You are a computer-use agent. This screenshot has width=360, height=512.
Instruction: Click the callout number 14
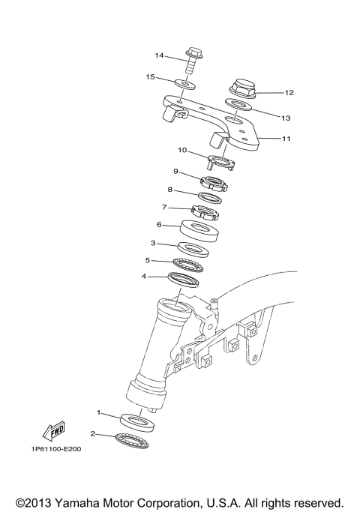pos(159,55)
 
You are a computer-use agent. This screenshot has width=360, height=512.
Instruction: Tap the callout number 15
pos(150,76)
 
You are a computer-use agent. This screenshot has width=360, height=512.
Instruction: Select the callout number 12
pos(289,93)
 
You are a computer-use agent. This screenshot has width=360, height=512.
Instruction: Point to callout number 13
pos(286,117)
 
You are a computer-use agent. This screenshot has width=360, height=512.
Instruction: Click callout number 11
pos(286,139)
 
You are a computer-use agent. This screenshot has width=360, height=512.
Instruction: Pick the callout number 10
pos(182,149)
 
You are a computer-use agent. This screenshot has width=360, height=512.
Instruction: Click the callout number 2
pos(93,433)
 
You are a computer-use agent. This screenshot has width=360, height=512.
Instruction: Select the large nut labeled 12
pos(241,88)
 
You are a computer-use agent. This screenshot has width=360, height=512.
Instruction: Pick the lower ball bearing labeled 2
pos(132,439)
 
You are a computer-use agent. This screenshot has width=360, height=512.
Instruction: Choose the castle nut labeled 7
pos(203,211)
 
